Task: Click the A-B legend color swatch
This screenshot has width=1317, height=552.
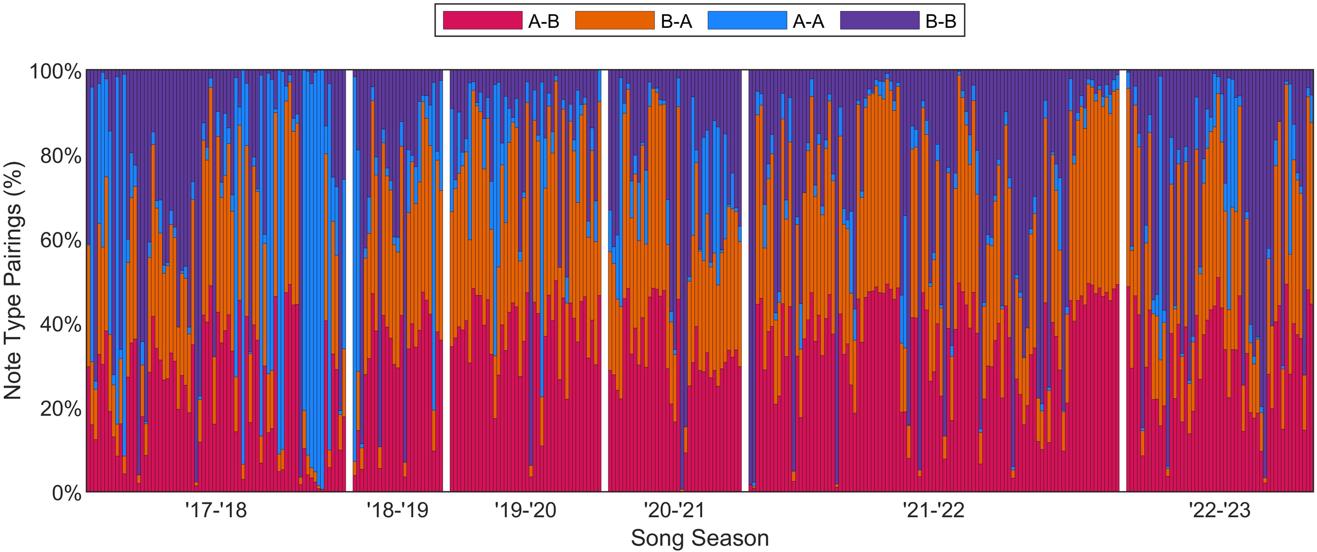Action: (x=482, y=21)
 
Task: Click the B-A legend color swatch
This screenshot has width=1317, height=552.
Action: (x=614, y=21)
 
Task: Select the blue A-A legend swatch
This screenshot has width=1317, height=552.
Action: (x=747, y=21)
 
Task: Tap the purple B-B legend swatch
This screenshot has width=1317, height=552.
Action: (x=879, y=21)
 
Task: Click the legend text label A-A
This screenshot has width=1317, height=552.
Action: (x=808, y=22)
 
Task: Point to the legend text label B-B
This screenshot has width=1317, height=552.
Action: (x=940, y=22)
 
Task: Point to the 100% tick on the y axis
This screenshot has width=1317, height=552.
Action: (x=55, y=72)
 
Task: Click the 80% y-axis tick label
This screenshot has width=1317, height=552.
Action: (x=61, y=156)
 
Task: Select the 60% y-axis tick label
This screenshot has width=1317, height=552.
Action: (x=61, y=241)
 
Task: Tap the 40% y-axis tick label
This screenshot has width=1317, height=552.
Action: (x=61, y=325)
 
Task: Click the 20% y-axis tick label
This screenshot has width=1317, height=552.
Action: (x=61, y=409)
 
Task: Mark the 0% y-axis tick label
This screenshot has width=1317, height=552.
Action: (x=66, y=494)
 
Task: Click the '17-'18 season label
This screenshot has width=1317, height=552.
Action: (x=216, y=510)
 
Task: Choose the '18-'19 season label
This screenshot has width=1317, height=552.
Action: (x=397, y=510)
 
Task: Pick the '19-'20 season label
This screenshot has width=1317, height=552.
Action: (x=525, y=510)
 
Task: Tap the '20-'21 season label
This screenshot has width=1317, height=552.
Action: (x=674, y=510)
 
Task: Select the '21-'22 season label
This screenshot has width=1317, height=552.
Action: (x=933, y=510)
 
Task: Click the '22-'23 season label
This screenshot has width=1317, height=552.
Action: (x=1220, y=510)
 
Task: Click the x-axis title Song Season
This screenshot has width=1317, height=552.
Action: (x=700, y=538)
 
